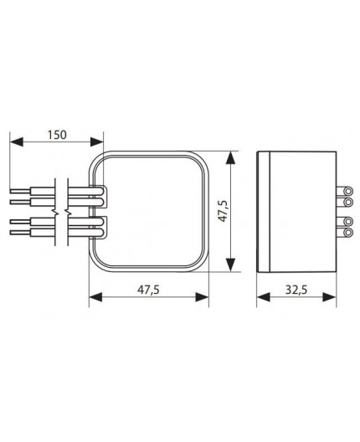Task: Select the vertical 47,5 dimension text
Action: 220,212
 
